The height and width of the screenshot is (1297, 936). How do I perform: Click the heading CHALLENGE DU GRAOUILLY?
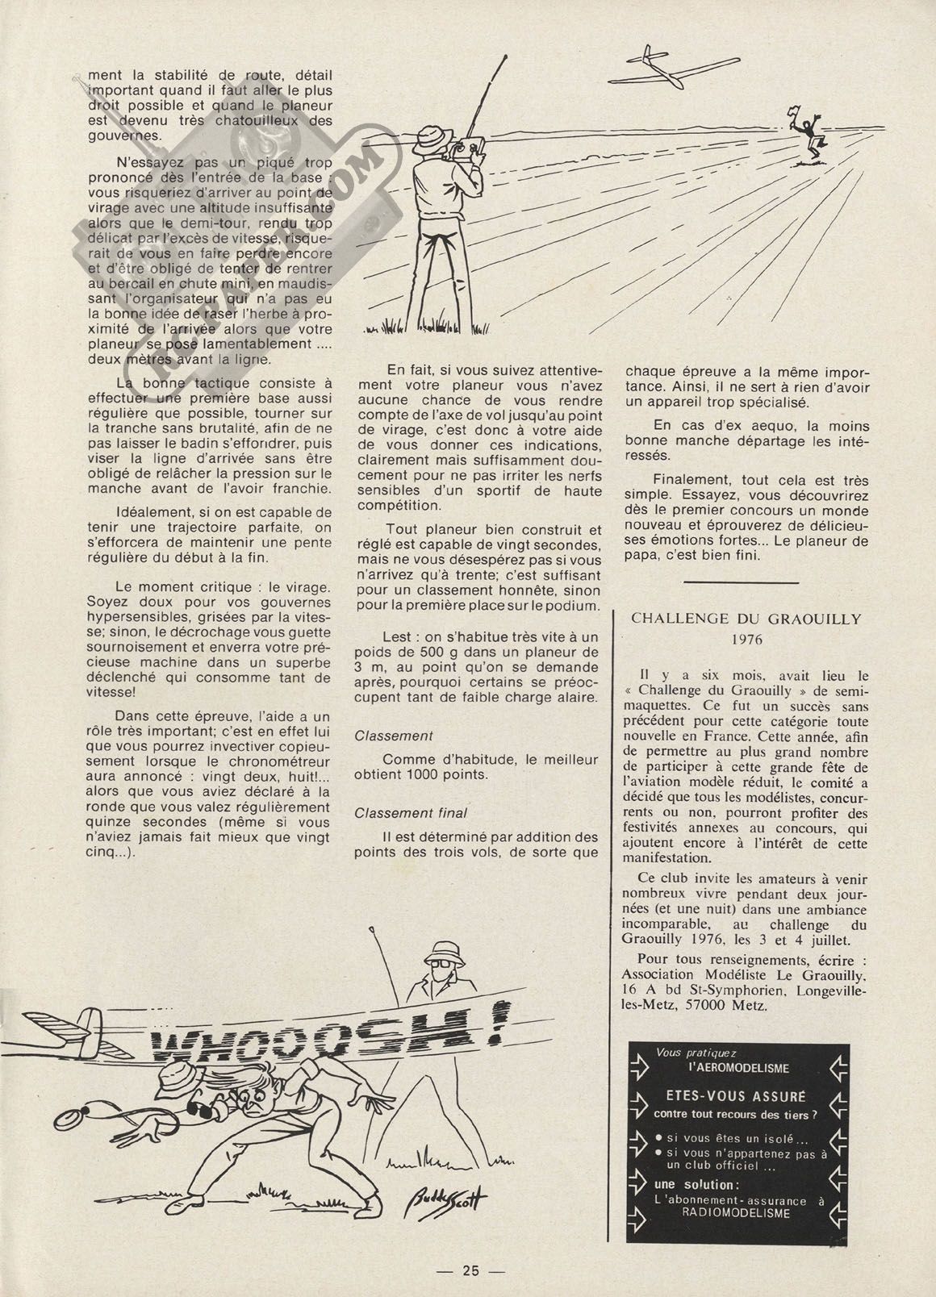pyautogui.click(x=746, y=619)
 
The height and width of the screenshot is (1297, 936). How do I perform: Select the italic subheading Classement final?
pyautogui.click(x=411, y=812)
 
